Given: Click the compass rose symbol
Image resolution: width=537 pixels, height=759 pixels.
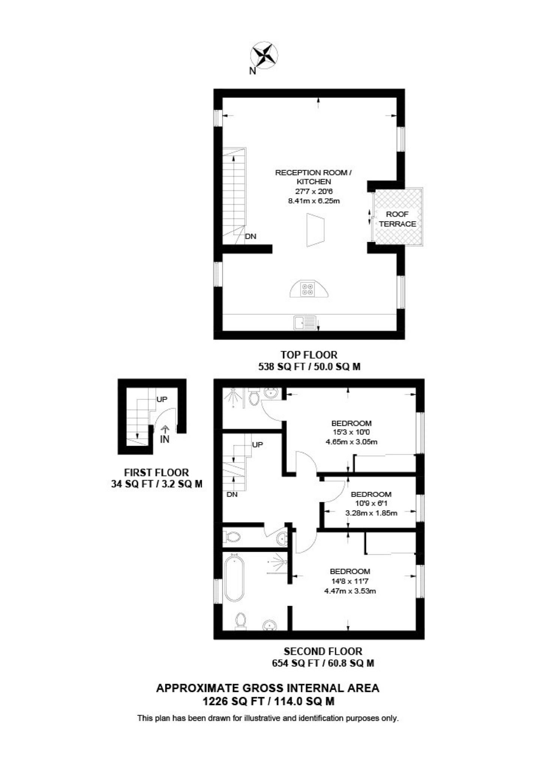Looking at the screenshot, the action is tap(264, 54).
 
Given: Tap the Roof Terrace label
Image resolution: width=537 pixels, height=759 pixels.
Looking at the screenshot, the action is tap(397, 219).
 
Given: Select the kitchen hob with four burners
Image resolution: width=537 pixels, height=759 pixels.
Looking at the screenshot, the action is tap(307, 289).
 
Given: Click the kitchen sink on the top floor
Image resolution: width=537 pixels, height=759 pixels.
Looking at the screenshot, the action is tap(305, 323).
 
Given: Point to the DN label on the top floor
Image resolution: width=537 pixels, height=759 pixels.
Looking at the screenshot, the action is tap(250, 236).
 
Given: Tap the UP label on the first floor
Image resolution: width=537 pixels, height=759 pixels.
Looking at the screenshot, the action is tap(162, 399).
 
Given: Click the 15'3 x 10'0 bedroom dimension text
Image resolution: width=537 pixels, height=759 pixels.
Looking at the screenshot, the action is tap(351, 432).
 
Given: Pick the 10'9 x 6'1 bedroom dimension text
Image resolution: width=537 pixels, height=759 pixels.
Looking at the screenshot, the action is tap(371, 503).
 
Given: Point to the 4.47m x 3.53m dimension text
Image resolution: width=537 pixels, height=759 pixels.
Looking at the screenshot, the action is tap(350, 591).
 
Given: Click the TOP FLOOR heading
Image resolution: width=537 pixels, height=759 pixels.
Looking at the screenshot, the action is tap(309, 355).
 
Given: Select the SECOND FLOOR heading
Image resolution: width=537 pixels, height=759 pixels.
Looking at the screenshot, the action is tap(323, 651).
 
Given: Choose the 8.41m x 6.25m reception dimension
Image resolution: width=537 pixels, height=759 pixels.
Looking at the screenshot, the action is tap(314, 201).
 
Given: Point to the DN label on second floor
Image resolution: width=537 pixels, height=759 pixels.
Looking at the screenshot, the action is tap(232, 494).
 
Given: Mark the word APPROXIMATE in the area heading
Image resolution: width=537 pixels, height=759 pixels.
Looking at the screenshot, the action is tap(197, 688).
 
